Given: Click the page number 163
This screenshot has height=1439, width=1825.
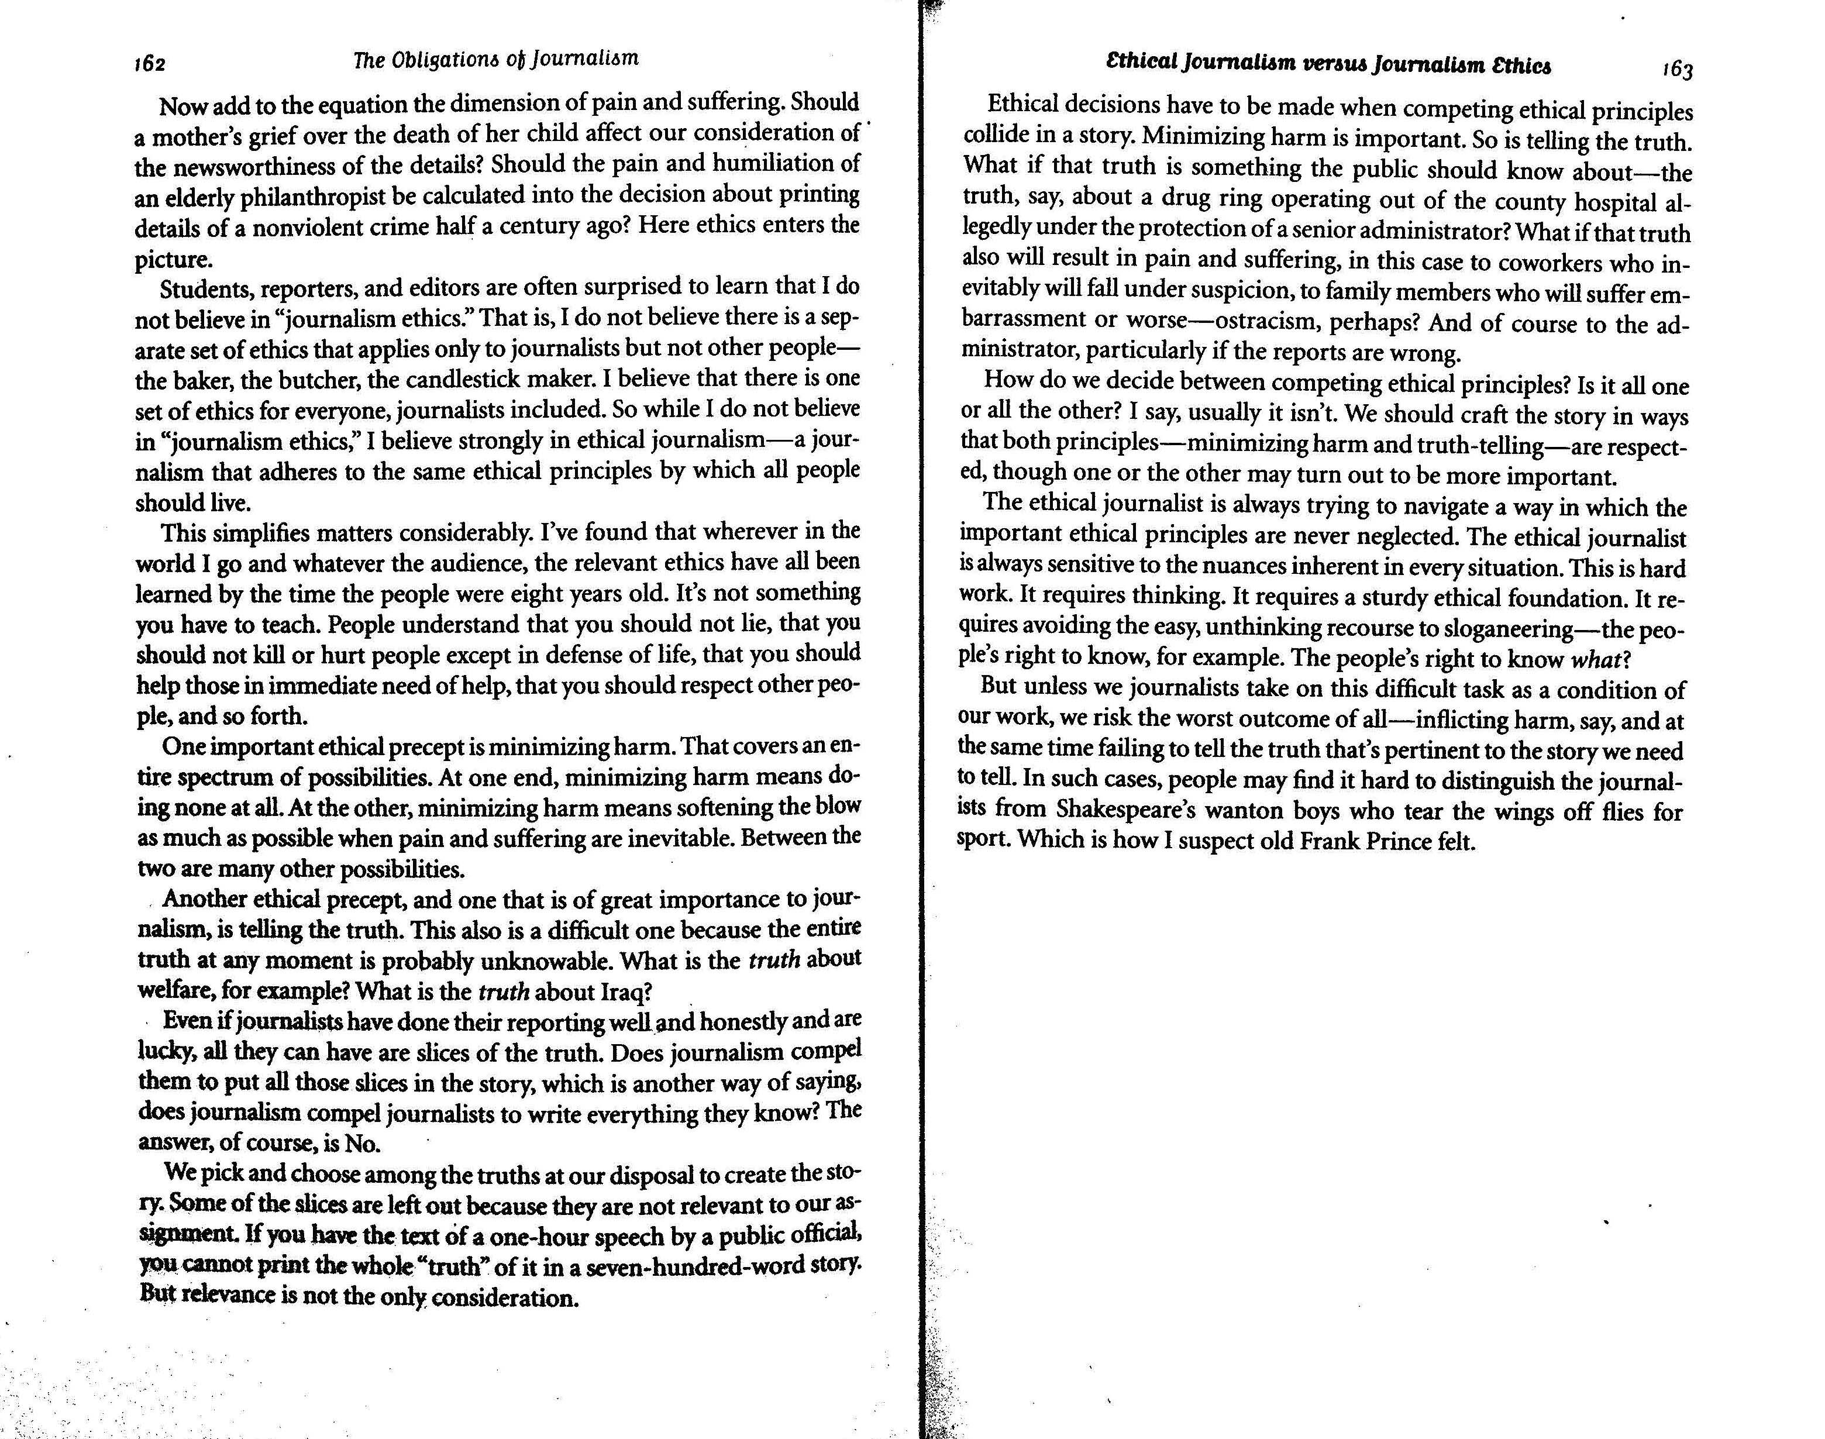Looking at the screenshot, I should (x=1676, y=69).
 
